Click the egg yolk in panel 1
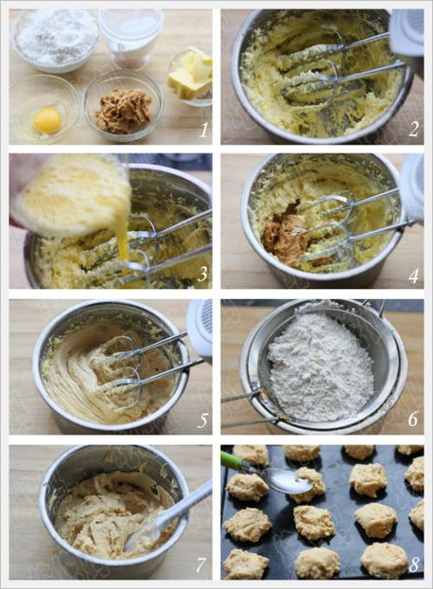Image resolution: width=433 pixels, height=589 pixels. pyautogui.click(x=48, y=120)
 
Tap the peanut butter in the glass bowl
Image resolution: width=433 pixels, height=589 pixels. pyautogui.click(x=122, y=111)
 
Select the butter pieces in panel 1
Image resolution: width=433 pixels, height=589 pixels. pyautogui.click(x=190, y=74)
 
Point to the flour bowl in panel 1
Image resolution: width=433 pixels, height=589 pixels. pyautogui.click(x=55, y=40)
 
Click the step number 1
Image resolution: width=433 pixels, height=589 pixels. pyautogui.click(x=204, y=130)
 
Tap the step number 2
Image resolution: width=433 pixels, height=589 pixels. pyautogui.click(x=413, y=130)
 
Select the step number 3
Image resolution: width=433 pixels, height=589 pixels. pyautogui.click(x=203, y=275)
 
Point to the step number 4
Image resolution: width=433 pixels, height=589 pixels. pyautogui.click(x=413, y=276)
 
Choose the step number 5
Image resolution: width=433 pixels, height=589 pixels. pyautogui.click(x=203, y=421)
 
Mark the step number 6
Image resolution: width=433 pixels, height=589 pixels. pyautogui.click(x=413, y=419)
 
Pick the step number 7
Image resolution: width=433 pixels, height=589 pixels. pyautogui.click(x=202, y=564)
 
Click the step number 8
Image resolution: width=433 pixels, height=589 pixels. pyautogui.click(x=414, y=564)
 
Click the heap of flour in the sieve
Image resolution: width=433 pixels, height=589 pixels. pyautogui.click(x=321, y=366)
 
